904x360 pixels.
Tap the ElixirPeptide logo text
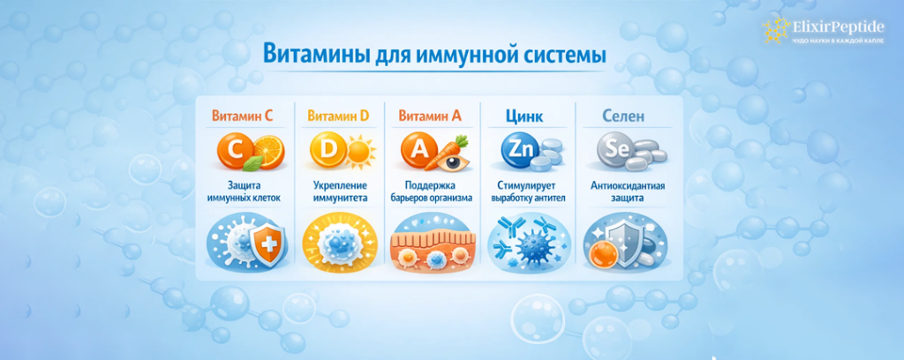(x=837, y=26)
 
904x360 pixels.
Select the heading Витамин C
(x=243, y=116)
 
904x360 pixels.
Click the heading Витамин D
(x=338, y=116)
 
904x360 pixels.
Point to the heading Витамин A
(x=430, y=116)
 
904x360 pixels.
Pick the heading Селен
(x=622, y=116)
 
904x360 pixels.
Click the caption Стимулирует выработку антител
(x=524, y=192)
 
